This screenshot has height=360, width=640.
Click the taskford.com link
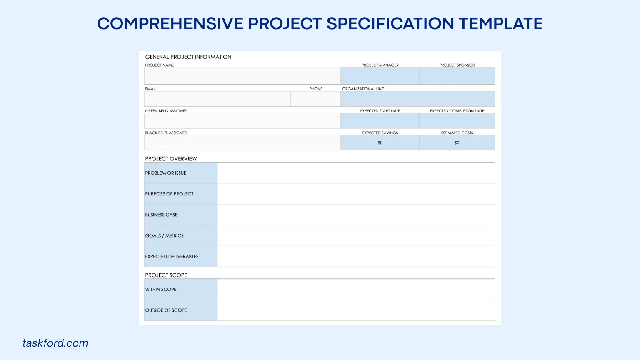pyautogui.click(x=55, y=343)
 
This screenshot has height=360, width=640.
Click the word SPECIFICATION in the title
pyautogui.click(x=390, y=23)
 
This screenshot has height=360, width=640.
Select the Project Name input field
pyautogui.click(x=242, y=76)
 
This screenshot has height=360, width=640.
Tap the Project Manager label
pyautogui.click(x=380, y=65)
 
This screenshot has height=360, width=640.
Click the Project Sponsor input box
pyautogui.click(x=457, y=76)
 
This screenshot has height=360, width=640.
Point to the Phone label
pyautogui.click(x=316, y=89)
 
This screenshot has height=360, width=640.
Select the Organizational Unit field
pyautogui.click(x=418, y=99)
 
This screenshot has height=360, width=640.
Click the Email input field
pyautogui.click(x=217, y=99)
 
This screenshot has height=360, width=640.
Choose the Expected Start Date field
pyautogui.click(x=380, y=120)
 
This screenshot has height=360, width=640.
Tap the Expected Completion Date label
pyautogui.click(x=457, y=111)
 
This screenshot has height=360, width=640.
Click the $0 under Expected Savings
pyautogui.click(x=380, y=142)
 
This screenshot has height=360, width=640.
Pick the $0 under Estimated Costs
pyautogui.click(x=457, y=142)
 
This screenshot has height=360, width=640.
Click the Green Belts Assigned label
pyautogui.click(x=166, y=111)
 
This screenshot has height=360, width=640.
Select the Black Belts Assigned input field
pyautogui.click(x=242, y=142)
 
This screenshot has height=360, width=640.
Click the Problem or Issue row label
pyautogui.click(x=166, y=173)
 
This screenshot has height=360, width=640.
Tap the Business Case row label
pyautogui.click(x=161, y=215)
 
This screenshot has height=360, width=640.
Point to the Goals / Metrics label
pyautogui.click(x=164, y=235)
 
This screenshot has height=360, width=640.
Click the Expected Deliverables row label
pyautogui.click(x=172, y=256)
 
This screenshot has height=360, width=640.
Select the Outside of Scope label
pyautogui.click(x=166, y=310)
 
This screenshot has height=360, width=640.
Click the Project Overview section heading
pyautogui.click(x=171, y=159)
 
